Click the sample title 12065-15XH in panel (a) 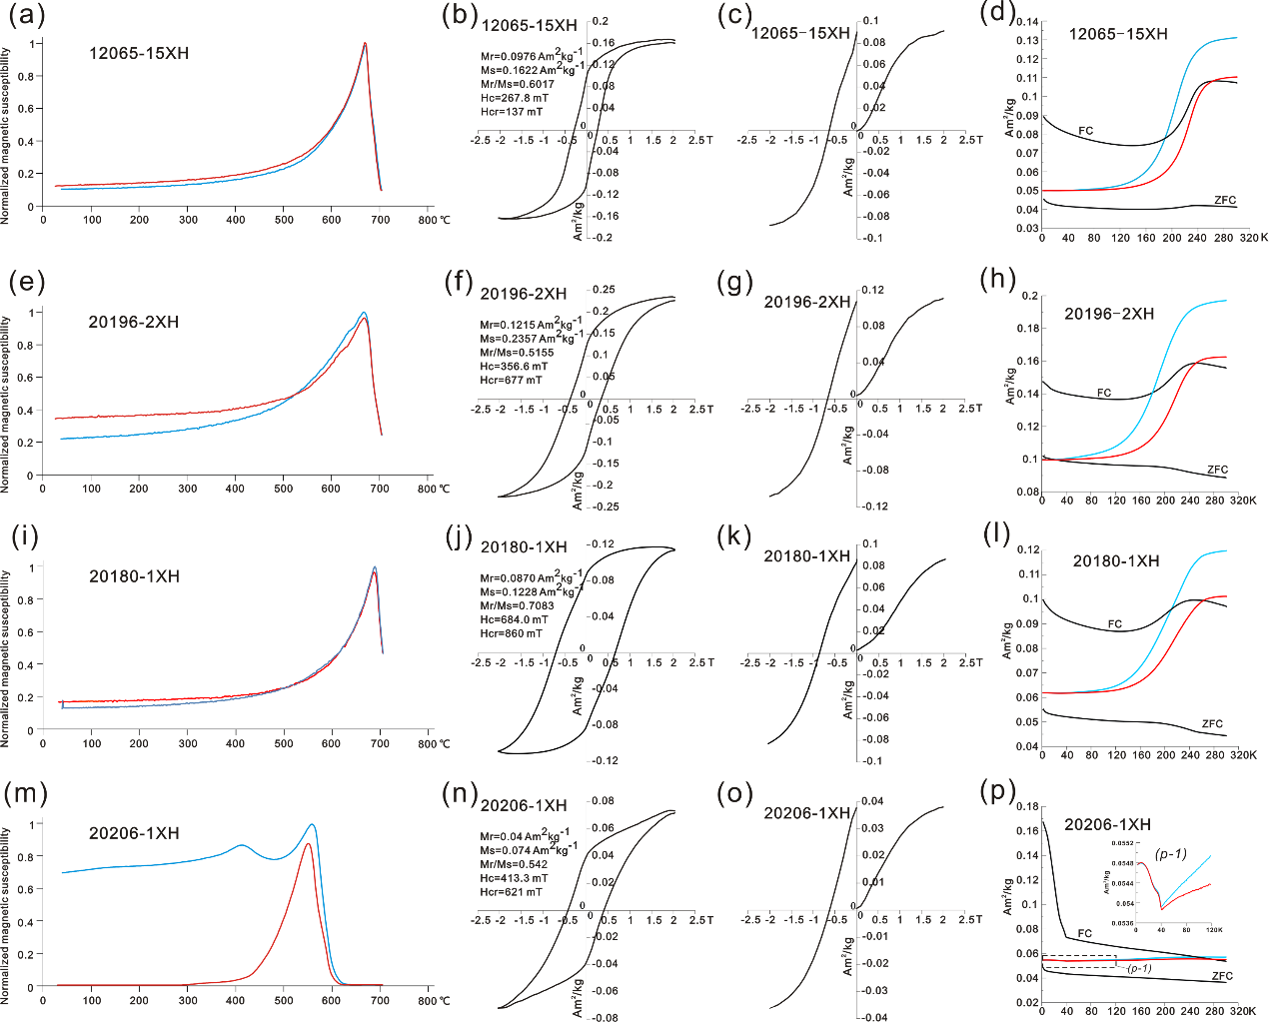tap(139, 53)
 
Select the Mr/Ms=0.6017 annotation tap(517, 84)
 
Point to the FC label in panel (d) tap(1085, 131)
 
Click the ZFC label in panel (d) tap(1225, 200)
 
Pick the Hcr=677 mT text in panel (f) tap(511, 380)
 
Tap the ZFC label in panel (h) tap(1217, 470)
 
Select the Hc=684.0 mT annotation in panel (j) tap(514, 619)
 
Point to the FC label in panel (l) tap(1115, 624)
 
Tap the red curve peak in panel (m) tap(308, 844)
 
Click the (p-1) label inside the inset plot tap(1170, 854)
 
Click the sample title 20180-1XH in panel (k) tap(807, 555)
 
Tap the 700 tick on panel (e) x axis tap(380, 489)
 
